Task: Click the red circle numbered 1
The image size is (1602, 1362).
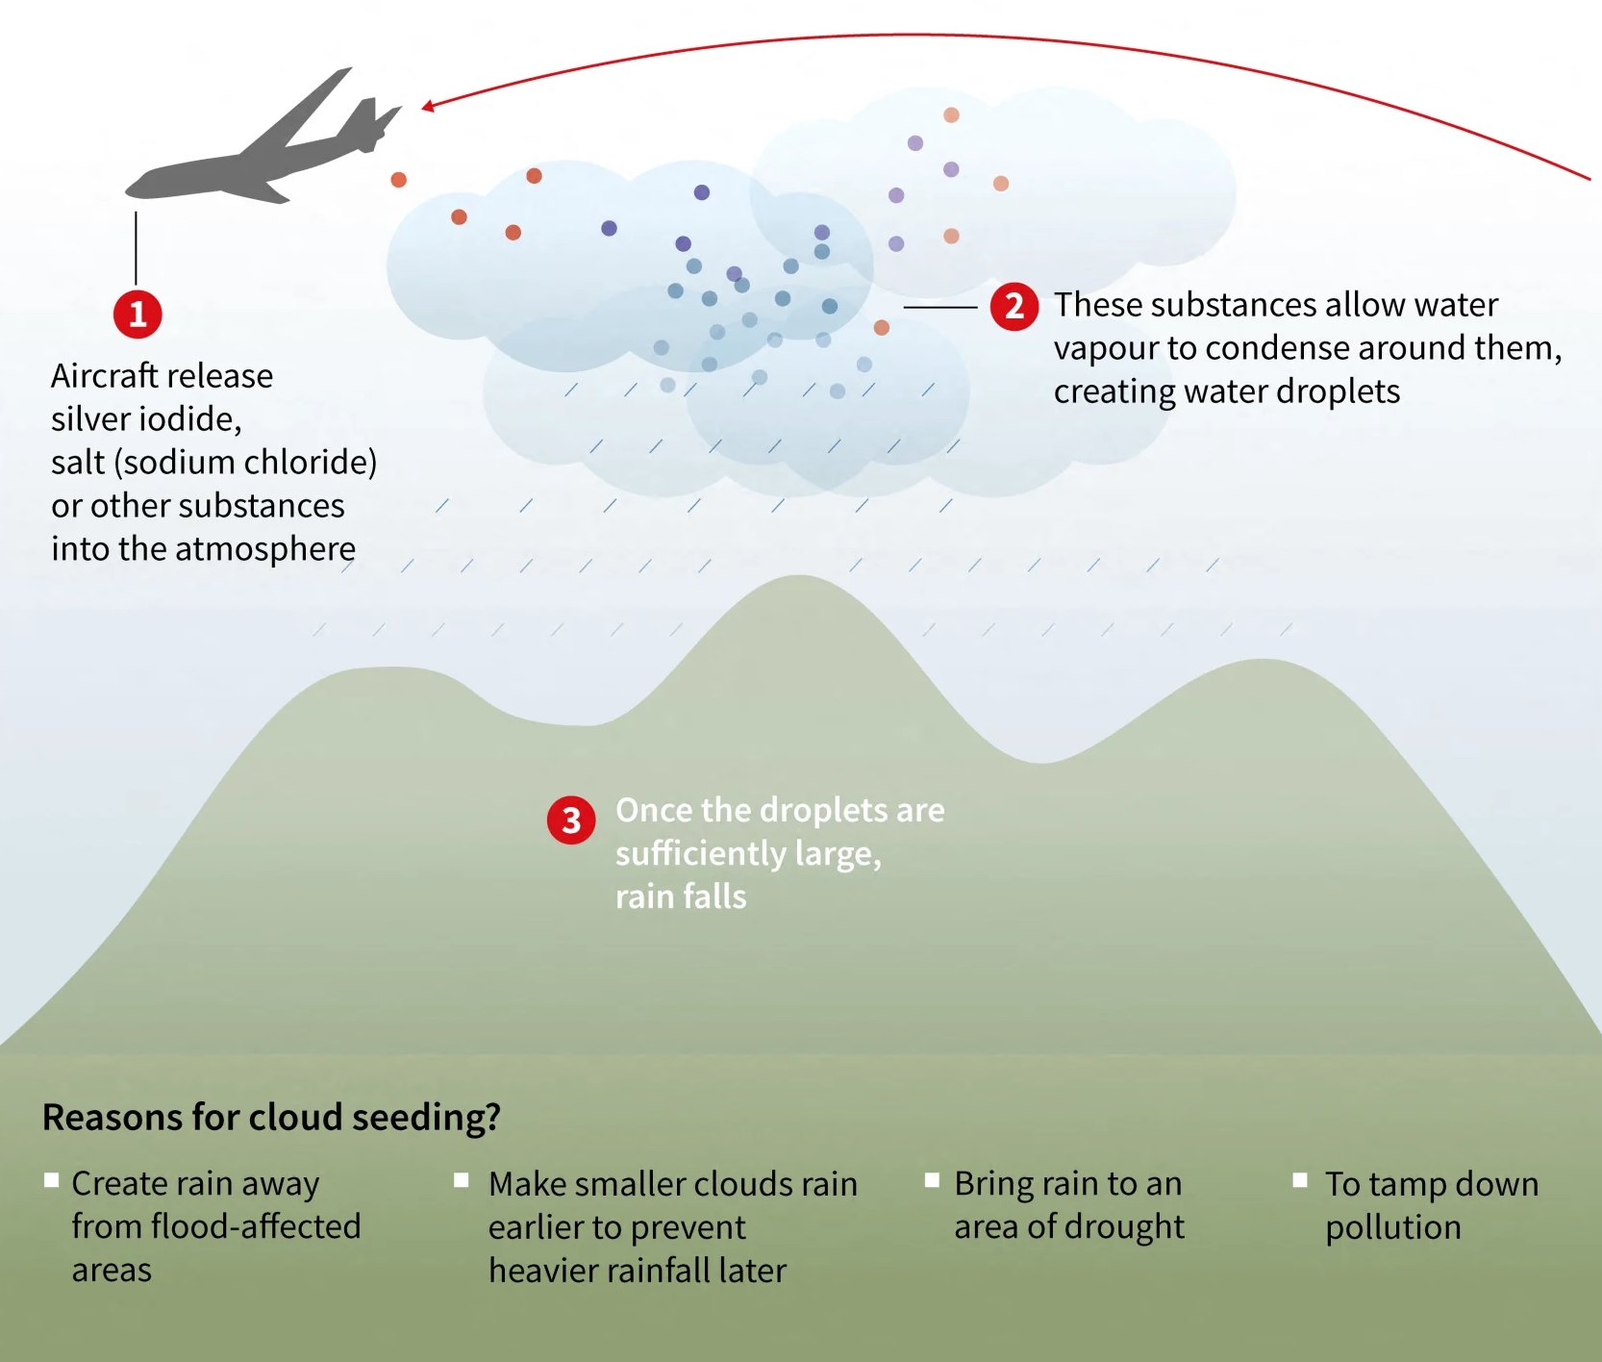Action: [x=138, y=315]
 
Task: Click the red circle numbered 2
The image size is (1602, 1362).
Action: [x=1014, y=307]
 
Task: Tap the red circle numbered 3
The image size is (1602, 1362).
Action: [x=571, y=820]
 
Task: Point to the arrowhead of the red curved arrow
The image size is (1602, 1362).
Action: [x=428, y=107]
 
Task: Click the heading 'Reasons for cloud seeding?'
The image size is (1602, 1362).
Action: [x=271, y=1117]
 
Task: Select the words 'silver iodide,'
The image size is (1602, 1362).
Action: [x=146, y=419]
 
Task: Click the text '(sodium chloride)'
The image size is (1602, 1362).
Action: [x=245, y=463]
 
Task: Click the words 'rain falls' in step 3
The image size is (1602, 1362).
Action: [x=681, y=896]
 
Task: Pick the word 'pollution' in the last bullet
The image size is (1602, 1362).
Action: [x=1392, y=1227]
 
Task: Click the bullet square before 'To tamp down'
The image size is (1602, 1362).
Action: [x=1300, y=1180]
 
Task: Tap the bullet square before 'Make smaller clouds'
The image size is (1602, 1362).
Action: [x=462, y=1180]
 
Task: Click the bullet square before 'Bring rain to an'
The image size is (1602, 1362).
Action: [x=931, y=1180]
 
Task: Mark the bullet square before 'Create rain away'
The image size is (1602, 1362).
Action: [x=52, y=1180]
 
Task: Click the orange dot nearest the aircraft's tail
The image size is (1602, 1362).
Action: [x=398, y=180]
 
